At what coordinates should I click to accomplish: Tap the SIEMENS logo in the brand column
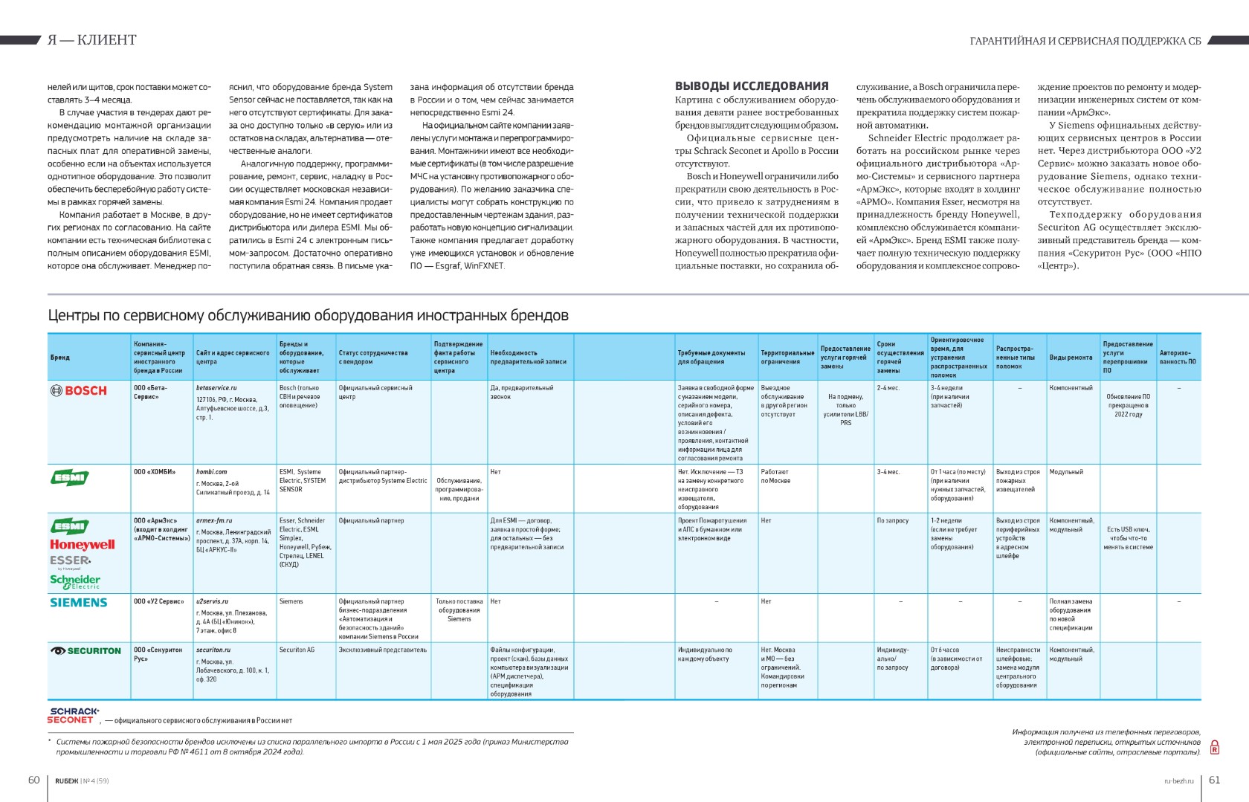[79, 603]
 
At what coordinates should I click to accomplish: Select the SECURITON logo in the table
[85, 651]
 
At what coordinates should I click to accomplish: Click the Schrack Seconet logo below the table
[74, 716]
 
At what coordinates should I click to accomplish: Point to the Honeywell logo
[83, 544]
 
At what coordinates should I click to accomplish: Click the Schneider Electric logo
[75, 581]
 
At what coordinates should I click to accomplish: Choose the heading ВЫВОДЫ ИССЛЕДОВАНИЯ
[752, 86]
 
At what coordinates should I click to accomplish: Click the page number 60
[33, 780]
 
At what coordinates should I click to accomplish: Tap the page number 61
[1215, 780]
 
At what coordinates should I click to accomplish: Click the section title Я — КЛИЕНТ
[92, 40]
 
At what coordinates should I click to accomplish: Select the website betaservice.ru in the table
[216, 388]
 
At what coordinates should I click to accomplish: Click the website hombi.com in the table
[212, 472]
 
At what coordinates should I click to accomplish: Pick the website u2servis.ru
[213, 601]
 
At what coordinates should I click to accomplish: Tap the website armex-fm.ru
[214, 521]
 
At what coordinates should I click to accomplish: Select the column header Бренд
[60, 358]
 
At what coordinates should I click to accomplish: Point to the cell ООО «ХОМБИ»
[155, 472]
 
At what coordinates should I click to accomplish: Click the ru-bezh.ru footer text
[1179, 781]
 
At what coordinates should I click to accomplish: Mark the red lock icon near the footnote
[1215, 747]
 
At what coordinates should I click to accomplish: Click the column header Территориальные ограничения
[787, 358]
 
